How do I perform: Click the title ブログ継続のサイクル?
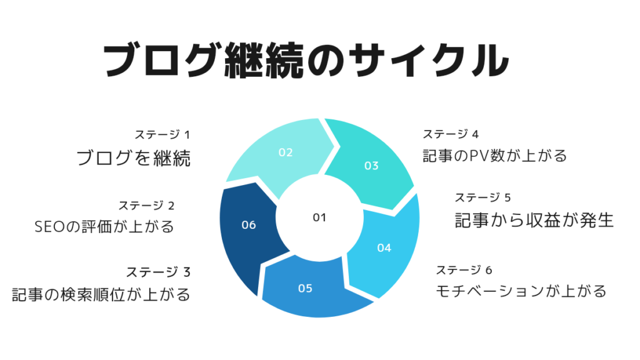coord(306,61)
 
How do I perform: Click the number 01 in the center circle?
coord(319,217)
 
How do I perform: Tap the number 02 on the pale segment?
coord(286,152)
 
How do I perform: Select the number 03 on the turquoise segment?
coord(371,166)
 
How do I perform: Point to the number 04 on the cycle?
coord(384,247)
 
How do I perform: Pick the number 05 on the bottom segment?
coord(305,289)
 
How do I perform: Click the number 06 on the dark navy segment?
coord(249,225)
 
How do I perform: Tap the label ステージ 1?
coord(162,134)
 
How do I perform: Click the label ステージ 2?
coord(146,205)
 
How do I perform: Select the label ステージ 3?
coord(158,272)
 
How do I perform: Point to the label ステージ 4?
coord(451,134)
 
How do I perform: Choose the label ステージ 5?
coord(483,197)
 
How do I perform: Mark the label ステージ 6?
coord(464,270)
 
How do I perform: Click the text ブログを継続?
coord(134,158)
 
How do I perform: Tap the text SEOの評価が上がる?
coord(104,226)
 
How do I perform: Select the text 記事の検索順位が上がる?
coord(101,294)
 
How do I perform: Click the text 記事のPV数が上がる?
coord(495,156)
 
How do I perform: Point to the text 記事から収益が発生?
coord(535,220)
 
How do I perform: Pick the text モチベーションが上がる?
coord(521,291)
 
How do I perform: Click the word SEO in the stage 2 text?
coord(50,227)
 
